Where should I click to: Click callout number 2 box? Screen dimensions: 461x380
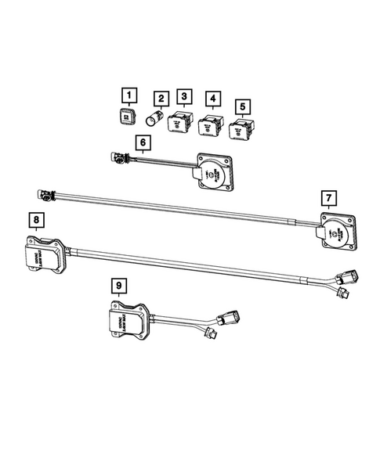[x=161, y=99]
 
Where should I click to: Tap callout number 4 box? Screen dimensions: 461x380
[x=211, y=99]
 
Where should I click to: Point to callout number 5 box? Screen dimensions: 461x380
[x=243, y=105]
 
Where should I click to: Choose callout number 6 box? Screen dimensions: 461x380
[x=142, y=142]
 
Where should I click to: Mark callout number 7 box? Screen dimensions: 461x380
[x=330, y=197]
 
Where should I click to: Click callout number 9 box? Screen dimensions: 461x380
[x=118, y=286]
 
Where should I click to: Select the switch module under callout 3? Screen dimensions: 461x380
[x=183, y=121]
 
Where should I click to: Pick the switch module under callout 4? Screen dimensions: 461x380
[x=209, y=124]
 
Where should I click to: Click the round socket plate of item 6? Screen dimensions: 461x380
[x=212, y=172]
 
